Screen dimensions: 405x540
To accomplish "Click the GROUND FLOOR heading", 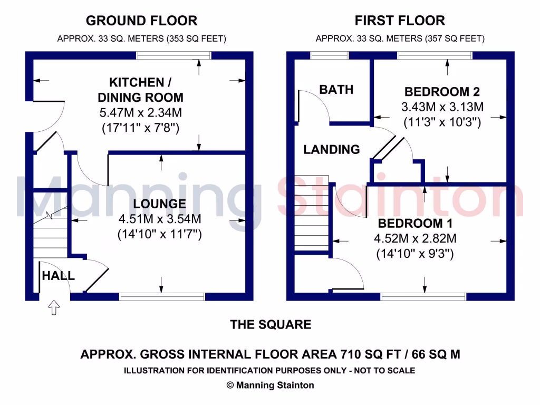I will point(141,21).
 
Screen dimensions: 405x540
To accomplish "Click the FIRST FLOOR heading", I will point(400,21).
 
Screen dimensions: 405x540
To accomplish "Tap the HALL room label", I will point(58,276).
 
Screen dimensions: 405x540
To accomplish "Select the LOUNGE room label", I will point(159,204).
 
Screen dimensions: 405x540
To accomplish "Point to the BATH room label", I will point(336,90).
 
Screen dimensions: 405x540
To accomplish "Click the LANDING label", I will point(331,150).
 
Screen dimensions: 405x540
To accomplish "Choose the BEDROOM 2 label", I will point(442,91).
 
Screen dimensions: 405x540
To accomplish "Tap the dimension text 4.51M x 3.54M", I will point(159,219).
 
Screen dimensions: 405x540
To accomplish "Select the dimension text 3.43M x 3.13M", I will point(442,107).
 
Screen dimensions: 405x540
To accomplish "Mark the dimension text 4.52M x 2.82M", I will point(415,238).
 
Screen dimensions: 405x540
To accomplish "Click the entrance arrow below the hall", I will point(54,307).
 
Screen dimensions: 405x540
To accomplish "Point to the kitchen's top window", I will point(173,55).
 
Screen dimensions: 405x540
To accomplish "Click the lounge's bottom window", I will point(162,297).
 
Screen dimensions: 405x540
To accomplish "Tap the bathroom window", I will point(330,55).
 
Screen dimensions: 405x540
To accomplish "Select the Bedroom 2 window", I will point(435,55).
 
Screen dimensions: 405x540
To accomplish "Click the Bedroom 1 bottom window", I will point(423,297).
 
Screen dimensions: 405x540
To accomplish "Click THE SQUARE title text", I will point(271,325).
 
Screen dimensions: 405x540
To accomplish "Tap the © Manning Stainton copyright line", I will point(270,385).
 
